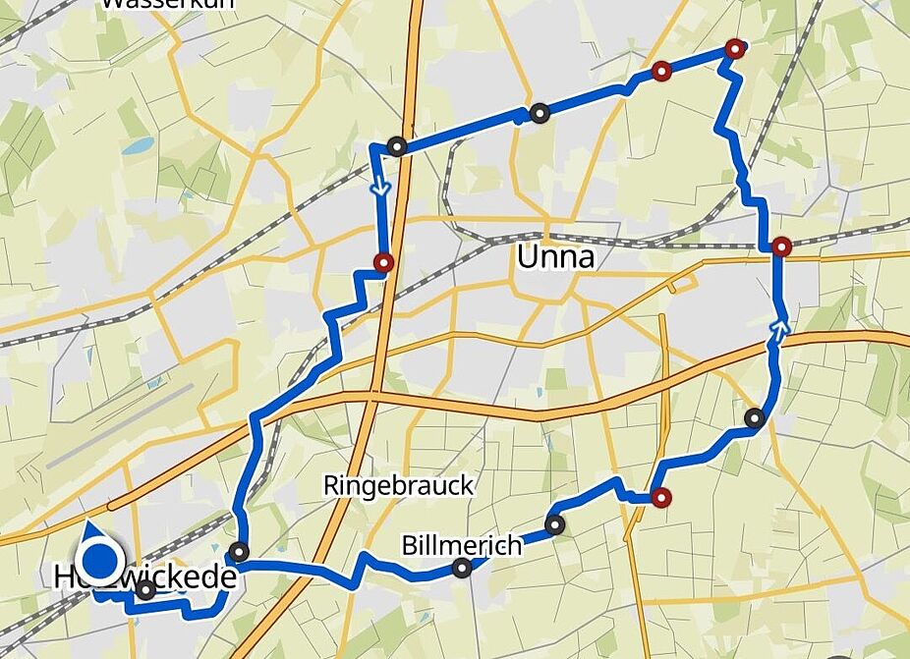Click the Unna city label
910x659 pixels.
click(556, 258)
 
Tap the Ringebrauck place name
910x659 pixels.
click(399, 485)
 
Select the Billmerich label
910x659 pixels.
click(462, 546)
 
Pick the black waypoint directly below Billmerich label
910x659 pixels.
click(462, 568)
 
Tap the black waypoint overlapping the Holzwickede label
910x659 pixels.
click(145, 590)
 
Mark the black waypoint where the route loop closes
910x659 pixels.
click(238, 551)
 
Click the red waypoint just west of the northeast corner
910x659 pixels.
click(662, 71)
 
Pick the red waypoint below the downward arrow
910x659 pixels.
click(383, 262)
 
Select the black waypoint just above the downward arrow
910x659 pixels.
click(397, 146)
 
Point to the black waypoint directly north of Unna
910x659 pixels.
click(539, 114)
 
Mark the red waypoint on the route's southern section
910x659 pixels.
click(662, 498)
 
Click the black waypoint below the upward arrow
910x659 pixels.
click(755, 418)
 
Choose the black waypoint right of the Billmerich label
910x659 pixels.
click(555, 525)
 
